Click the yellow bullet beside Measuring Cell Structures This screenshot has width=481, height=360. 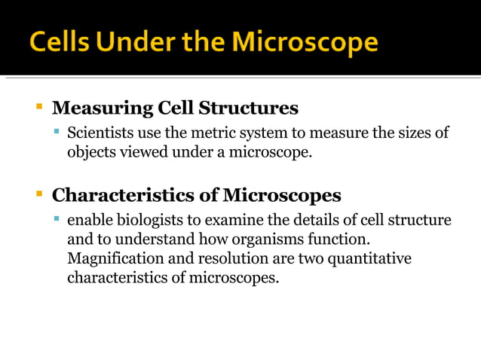point(40,107)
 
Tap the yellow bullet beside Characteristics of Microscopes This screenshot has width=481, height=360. point(40,195)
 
